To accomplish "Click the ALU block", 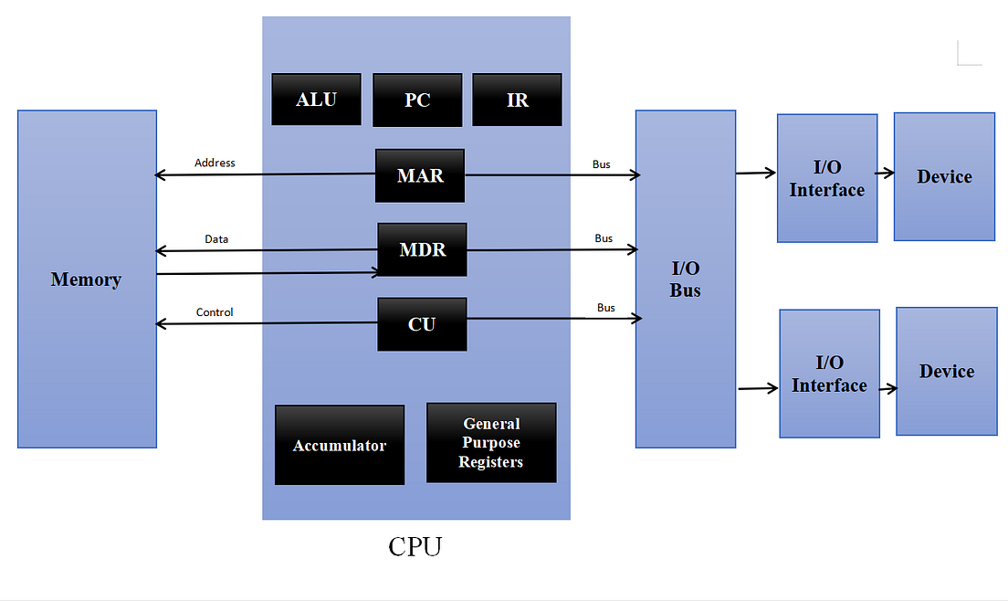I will click(x=316, y=100).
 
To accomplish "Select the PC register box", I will click(x=417, y=100).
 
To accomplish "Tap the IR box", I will click(x=517, y=100).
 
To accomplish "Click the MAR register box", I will click(x=420, y=175).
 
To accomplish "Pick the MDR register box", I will click(x=422, y=249).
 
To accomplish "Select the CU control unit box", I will click(x=422, y=324).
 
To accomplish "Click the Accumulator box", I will click(x=340, y=445).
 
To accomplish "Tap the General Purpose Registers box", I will click(x=491, y=443).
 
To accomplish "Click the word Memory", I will click(x=86, y=279).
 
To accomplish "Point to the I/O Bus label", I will click(x=686, y=279).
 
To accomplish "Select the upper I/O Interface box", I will click(x=827, y=178).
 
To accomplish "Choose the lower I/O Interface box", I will click(x=829, y=374).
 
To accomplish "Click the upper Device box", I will click(x=944, y=176).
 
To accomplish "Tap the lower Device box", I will click(x=946, y=371).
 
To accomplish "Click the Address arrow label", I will click(x=215, y=163).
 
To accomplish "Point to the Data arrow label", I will click(x=216, y=238).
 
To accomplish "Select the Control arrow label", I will click(x=215, y=312).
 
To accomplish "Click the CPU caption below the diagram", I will click(x=415, y=546).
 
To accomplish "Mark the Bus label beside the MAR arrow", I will click(x=602, y=164).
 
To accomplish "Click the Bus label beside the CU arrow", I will click(x=606, y=308).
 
